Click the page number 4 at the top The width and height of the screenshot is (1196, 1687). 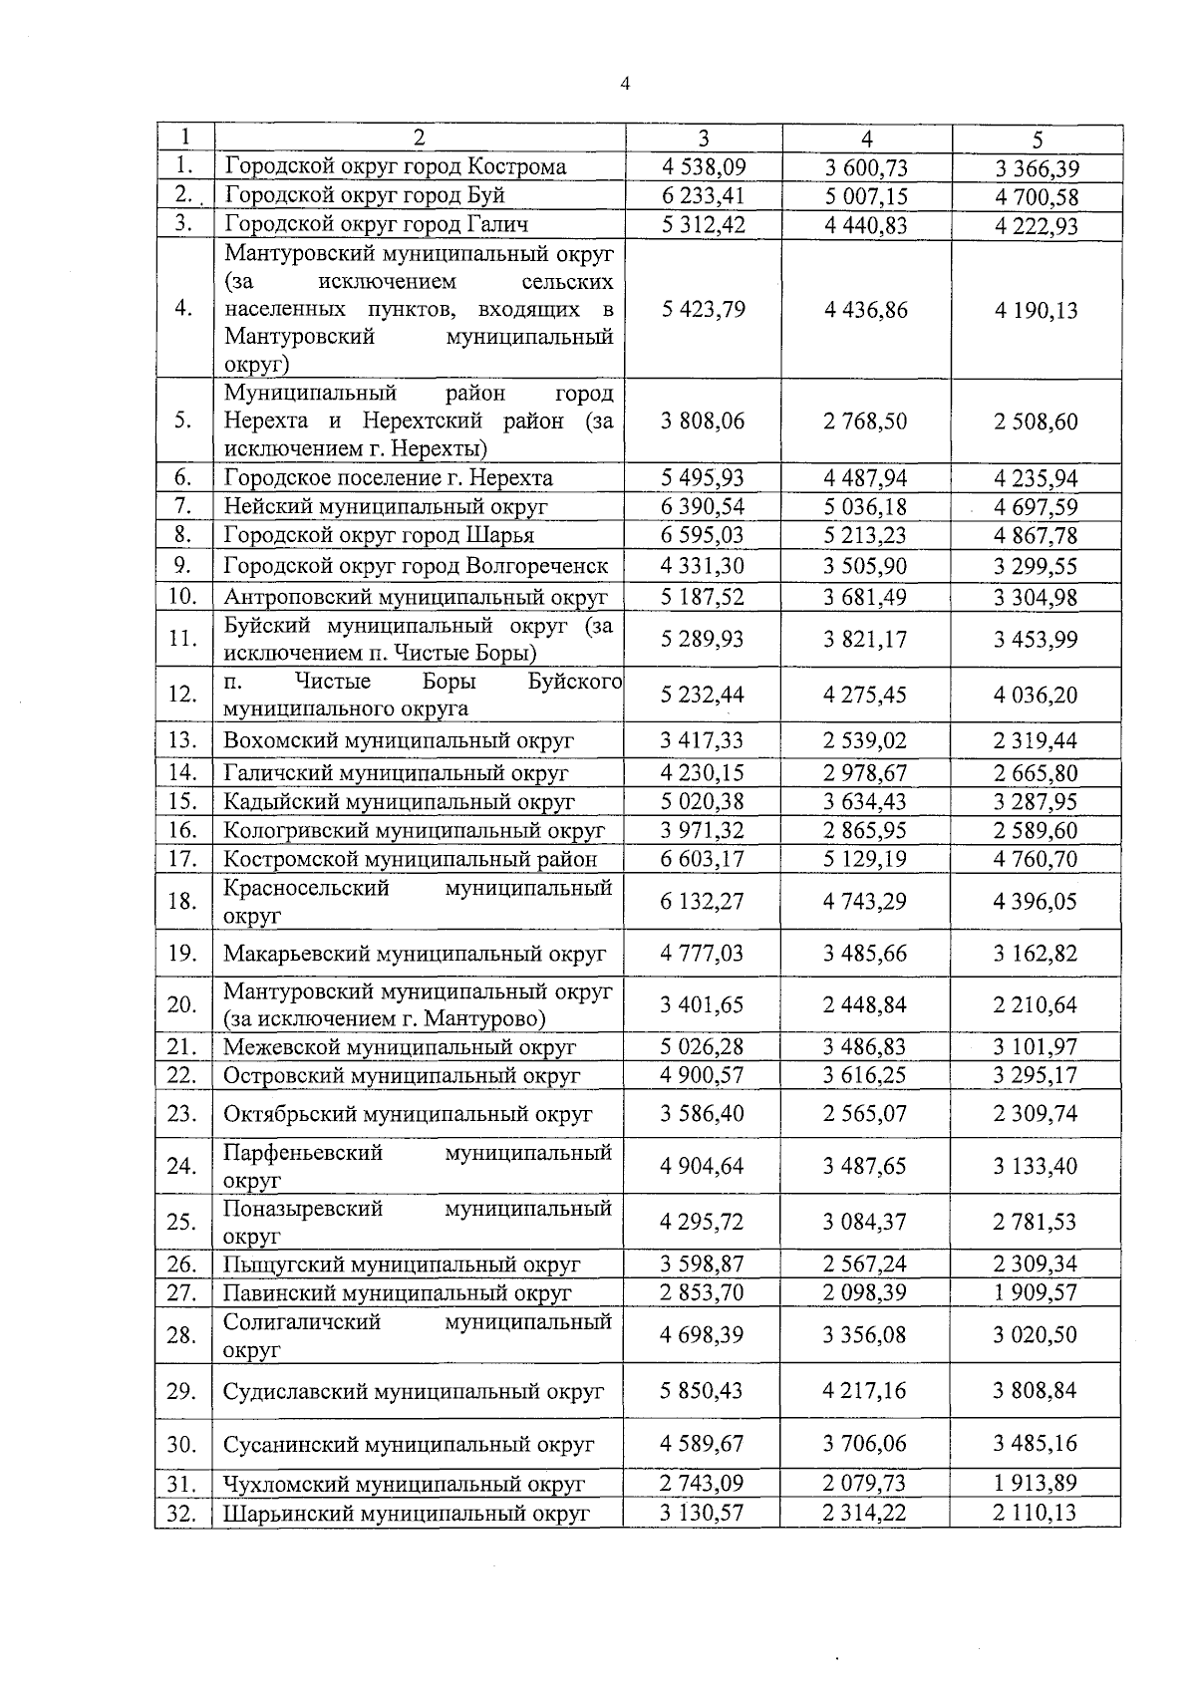tap(625, 85)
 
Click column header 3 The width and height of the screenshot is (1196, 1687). tap(704, 139)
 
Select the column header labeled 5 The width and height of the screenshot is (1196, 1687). tap(1037, 140)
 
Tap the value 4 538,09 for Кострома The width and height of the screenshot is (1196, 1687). tap(704, 166)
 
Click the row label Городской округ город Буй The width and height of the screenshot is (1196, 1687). tap(365, 195)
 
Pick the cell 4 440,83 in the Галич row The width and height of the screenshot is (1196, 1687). tap(865, 225)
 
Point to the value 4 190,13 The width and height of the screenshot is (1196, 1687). tap(1036, 310)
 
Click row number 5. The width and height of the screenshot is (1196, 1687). tap(182, 421)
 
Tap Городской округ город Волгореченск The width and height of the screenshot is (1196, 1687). tap(416, 566)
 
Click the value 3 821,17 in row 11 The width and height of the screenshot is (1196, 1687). tap(865, 639)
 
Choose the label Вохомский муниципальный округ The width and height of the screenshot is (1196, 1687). tap(399, 740)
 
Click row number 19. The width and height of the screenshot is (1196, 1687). tap(182, 954)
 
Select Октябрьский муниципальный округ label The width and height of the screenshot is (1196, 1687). tap(408, 1114)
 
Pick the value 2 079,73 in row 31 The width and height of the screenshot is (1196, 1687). tap(865, 1484)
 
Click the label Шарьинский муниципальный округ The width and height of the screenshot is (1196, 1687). tap(407, 1514)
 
